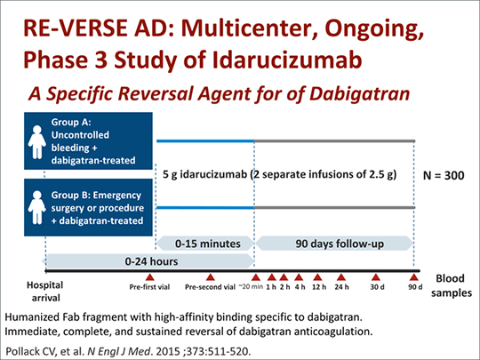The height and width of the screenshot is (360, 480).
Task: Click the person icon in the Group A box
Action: [x=37, y=142]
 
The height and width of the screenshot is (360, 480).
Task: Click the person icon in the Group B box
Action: [x=37, y=207]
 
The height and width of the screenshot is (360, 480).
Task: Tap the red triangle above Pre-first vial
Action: [x=149, y=277]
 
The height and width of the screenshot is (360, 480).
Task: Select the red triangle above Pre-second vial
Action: [x=210, y=277]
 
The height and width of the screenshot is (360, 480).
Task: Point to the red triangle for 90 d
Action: [x=414, y=277]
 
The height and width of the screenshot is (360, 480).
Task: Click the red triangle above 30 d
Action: [x=376, y=277]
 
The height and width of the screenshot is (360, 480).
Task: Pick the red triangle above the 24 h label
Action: [x=341, y=277]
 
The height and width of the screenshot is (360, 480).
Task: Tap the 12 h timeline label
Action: [x=319, y=287]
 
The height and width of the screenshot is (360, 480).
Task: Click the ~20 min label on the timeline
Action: [x=251, y=287]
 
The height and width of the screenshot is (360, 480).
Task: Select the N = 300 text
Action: [x=444, y=175]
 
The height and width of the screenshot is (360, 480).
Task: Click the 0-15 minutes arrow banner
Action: [x=205, y=244]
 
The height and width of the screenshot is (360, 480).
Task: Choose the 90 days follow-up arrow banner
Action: [x=334, y=244]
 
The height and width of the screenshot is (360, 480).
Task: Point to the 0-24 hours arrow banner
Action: [x=148, y=261]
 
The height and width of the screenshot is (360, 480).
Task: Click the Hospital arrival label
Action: [x=45, y=292]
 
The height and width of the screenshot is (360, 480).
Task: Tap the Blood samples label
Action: [x=451, y=285]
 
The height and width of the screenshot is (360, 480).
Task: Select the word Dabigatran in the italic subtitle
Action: [x=359, y=93]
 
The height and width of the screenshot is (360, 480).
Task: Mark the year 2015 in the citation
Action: [x=168, y=351]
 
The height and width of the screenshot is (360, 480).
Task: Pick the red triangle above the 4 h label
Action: [x=299, y=277]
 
